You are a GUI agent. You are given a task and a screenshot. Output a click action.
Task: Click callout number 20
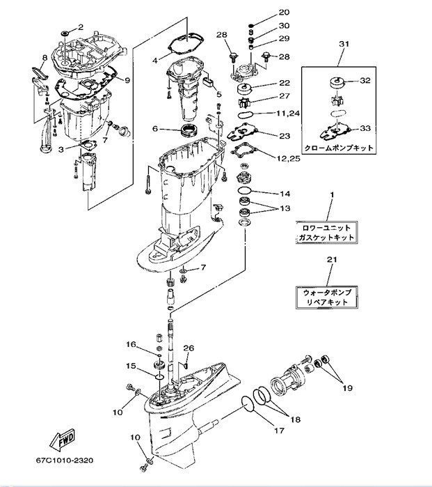284,13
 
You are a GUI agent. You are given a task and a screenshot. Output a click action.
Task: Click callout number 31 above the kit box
343,45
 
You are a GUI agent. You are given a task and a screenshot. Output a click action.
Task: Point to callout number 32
366,81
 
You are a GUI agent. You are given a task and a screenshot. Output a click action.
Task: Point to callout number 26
188,348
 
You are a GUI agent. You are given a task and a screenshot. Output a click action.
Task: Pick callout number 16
130,344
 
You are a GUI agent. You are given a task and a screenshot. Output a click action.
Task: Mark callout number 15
130,366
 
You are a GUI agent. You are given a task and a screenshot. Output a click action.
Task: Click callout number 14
285,194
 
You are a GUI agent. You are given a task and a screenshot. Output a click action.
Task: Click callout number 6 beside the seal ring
155,128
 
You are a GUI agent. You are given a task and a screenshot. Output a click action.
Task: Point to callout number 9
127,79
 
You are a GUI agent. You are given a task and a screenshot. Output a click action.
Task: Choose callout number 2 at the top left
80,27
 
